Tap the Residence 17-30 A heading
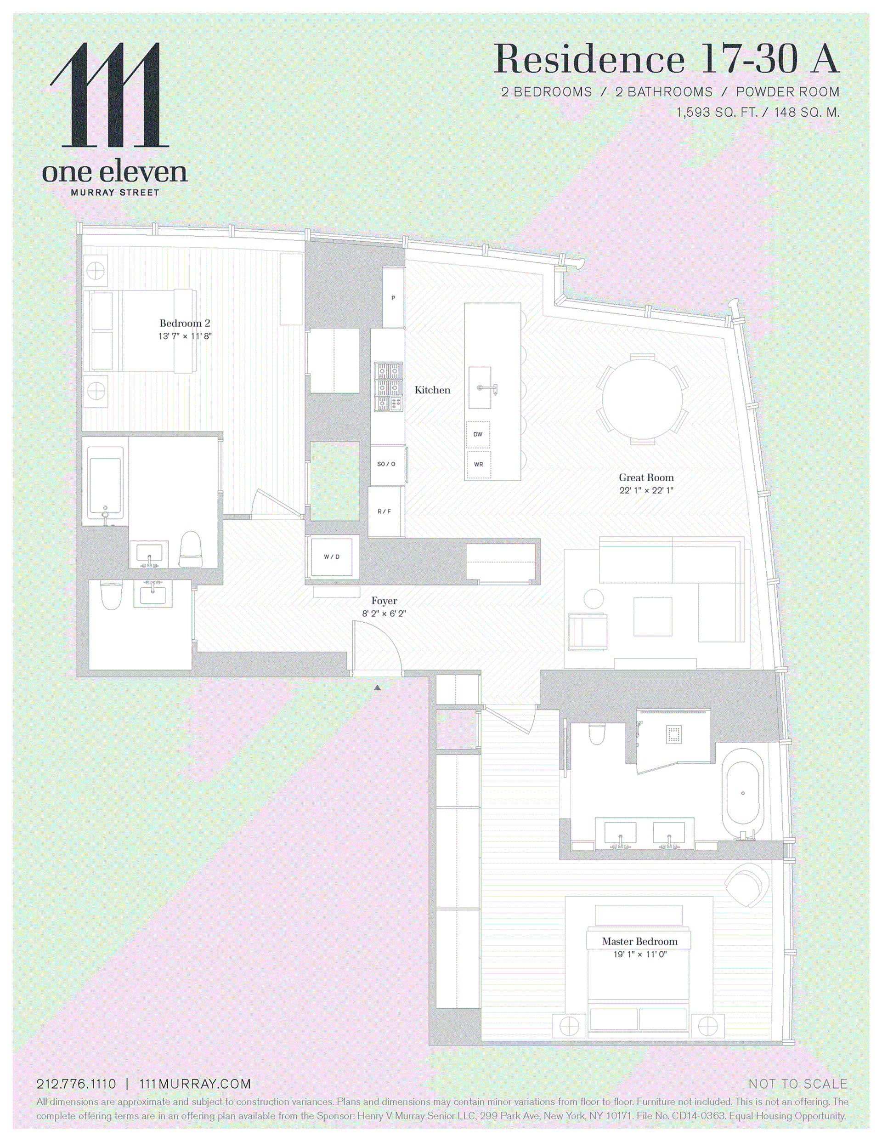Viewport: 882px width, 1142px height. click(666, 59)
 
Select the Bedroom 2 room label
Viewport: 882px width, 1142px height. click(185, 323)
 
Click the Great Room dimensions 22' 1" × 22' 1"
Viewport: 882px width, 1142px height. click(646, 490)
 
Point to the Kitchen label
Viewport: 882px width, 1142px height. click(432, 390)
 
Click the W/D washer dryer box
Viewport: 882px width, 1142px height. click(332, 557)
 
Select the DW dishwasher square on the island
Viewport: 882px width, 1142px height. click(478, 434)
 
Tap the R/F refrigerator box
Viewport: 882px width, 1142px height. click(384, 511)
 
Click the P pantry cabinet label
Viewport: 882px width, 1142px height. click(393, 298)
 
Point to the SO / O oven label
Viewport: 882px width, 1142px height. click(386, 464)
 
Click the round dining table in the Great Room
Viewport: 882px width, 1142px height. click(642, 398)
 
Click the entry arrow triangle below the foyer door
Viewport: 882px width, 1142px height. click(377, 687)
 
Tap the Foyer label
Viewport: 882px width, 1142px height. click(384, 601)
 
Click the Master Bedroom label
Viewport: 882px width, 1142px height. click(639, 941)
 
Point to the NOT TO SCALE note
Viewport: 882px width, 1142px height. click(798, 1084)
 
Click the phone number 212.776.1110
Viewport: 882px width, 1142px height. click(76, 1084)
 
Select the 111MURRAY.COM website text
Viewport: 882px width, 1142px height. click(195, 1084)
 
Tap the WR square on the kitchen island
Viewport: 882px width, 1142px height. click(478, 464)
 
